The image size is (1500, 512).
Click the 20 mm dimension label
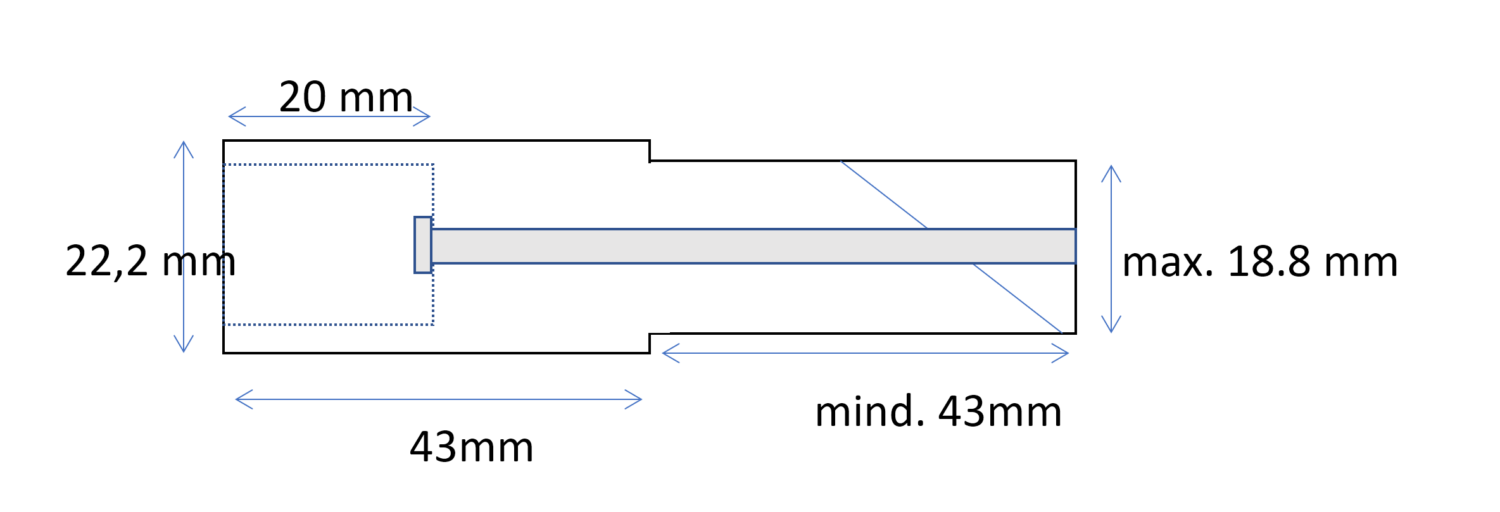coord(346,97)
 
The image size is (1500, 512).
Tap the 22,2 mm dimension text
coord(150,261)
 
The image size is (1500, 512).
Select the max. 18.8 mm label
coord(1259,262)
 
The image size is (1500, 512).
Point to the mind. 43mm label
coord(938,411)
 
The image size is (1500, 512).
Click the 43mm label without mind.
coord(472,447)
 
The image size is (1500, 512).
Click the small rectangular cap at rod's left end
coord(423,245)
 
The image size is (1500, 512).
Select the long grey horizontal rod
coord(753,246)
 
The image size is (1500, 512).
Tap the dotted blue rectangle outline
coord(328,165)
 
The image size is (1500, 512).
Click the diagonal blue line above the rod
coord(884,194)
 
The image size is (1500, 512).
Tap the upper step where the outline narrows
coord(650,152)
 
